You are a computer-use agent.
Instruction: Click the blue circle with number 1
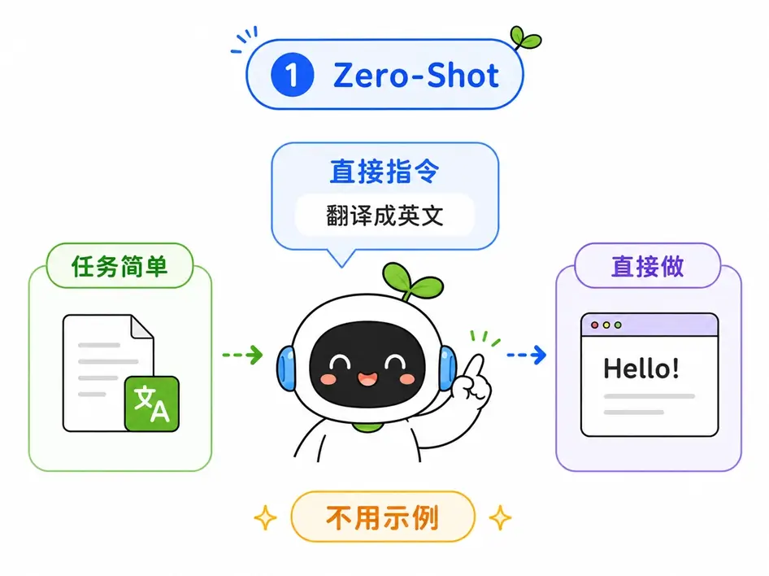292,75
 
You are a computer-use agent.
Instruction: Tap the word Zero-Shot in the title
416,76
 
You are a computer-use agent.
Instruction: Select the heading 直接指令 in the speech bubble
384,171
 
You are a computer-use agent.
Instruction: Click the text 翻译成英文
385,216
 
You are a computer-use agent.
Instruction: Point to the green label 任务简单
119,266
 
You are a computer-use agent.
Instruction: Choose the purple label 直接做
647,266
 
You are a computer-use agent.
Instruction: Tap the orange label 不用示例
383,517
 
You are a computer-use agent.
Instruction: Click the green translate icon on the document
152,404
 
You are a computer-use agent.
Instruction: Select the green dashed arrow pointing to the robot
243,355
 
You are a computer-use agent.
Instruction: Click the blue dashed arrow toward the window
526,355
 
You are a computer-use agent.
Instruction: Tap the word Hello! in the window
641,368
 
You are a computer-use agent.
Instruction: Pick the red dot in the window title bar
595,325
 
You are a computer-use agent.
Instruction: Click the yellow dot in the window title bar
606,325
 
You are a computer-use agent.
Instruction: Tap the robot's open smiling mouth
367,379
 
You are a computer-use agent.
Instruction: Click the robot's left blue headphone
286,369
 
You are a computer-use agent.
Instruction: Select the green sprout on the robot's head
411,281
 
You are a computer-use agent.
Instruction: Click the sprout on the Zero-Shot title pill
525,37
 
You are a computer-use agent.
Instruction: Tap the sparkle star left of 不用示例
265,517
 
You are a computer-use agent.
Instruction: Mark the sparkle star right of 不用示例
500,517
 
